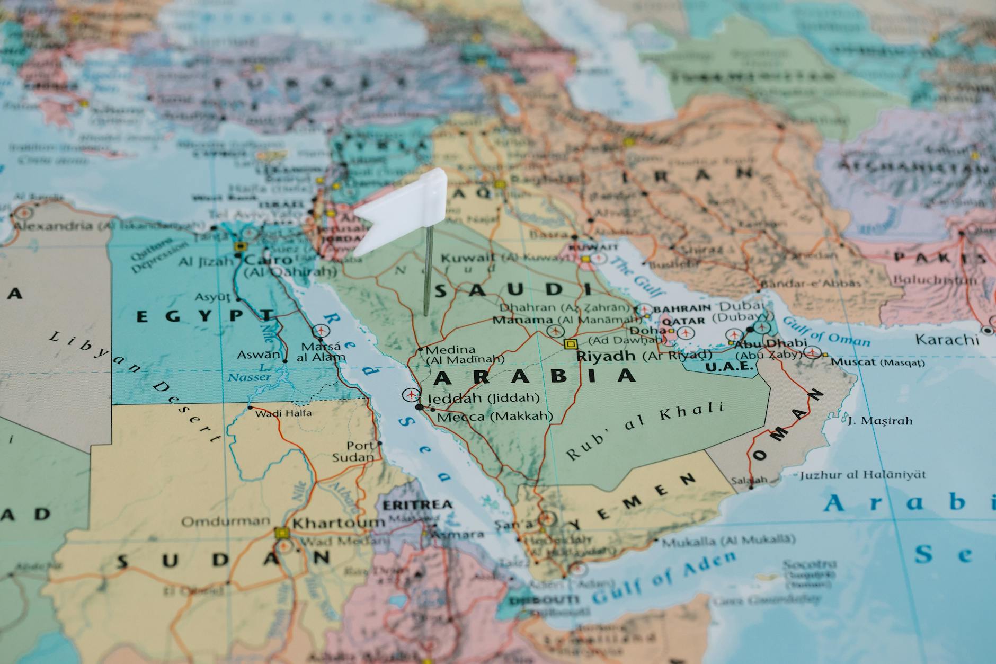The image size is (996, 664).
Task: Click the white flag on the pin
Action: coord(405,212)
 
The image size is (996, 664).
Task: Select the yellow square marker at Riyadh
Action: coord(570,344)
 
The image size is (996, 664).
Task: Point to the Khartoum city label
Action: coord(339,523)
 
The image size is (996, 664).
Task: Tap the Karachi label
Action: coord(947,339)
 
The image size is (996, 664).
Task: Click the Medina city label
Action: coord(450,350)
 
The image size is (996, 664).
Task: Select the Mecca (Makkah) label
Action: coord(494,417)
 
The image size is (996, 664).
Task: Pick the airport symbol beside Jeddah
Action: coord(410,394)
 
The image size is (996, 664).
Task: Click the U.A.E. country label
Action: coord(729,367)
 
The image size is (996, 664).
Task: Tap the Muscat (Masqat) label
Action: coord(877,362)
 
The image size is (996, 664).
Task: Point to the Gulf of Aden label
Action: coord(664,578)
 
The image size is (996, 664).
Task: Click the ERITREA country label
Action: coord(418,504)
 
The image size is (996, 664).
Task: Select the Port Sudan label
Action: coord(353,451)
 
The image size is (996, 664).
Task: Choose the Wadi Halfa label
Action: coord(284,413)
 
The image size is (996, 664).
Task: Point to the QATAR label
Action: coord(684,321)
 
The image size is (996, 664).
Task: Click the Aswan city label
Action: coord(258,355)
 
